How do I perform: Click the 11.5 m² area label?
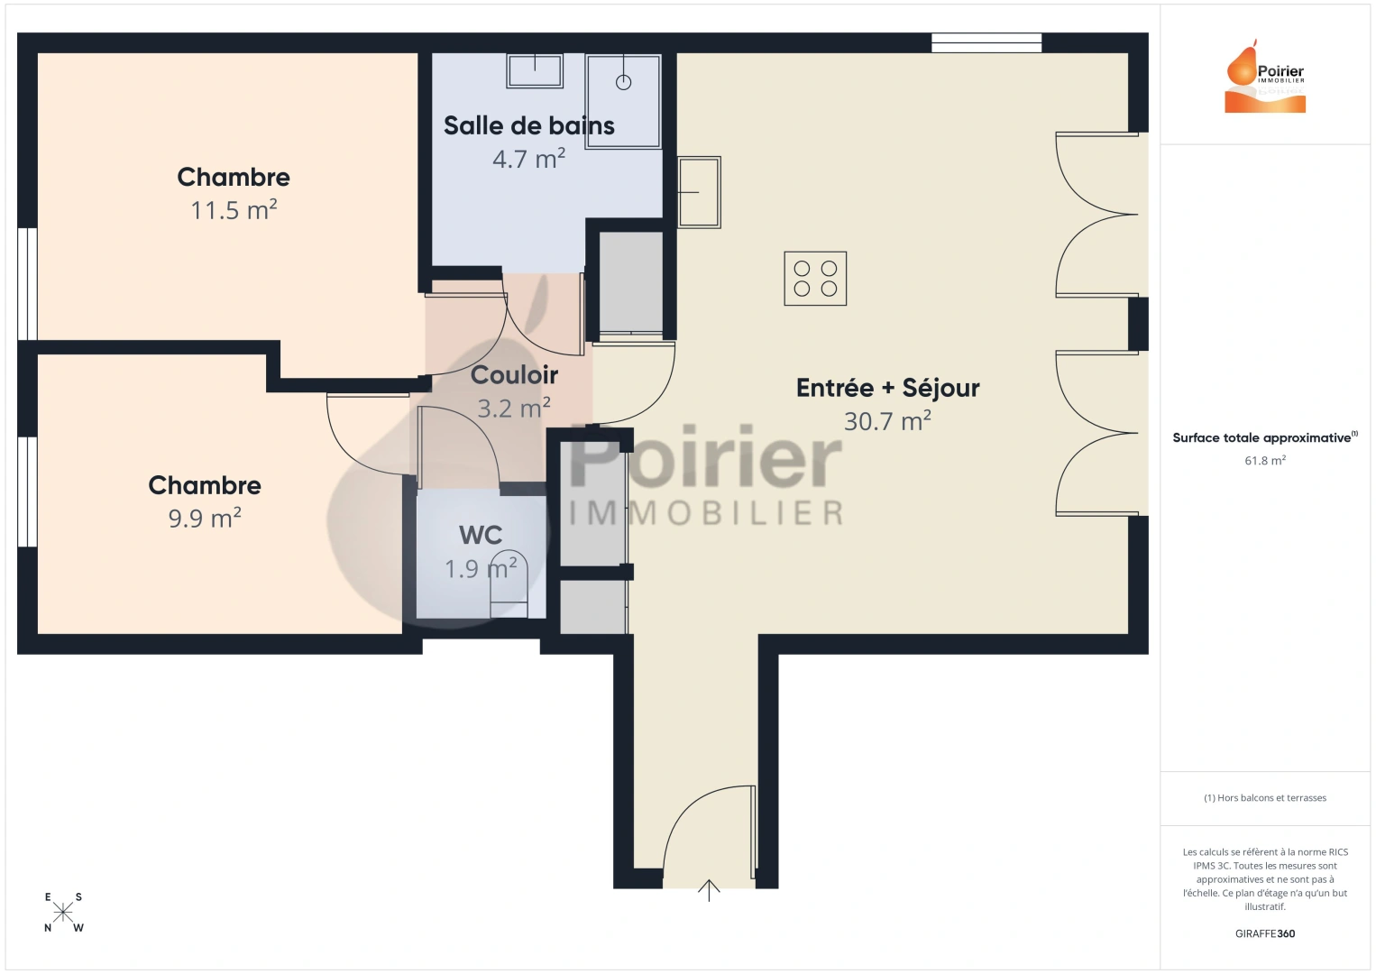click(x=234, y=210)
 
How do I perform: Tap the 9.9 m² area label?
click(x=205, y=518)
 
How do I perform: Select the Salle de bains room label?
click(x=529, y=126)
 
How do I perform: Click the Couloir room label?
click(x=514, y=375)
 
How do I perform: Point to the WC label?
click(x=481, y=535)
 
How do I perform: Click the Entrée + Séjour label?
click(x=887, y=388)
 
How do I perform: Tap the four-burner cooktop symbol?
click(x=815, y=279)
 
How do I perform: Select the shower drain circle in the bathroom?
click(x=623, y=82)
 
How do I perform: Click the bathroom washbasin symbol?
click(x=535, y=70)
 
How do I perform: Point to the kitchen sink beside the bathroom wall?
click(x=699, y=192)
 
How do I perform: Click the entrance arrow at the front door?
click(x=709, y=890)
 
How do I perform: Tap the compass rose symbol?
click(x=62, y=913)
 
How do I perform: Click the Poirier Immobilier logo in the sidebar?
click(x=1265, y=76)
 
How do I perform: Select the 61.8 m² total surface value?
click(x=1265, y=460)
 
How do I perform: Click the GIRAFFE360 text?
click(x=1265, y=933)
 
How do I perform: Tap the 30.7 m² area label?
click(x=887, y=421)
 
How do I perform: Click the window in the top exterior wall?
click(x=986, y=43)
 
